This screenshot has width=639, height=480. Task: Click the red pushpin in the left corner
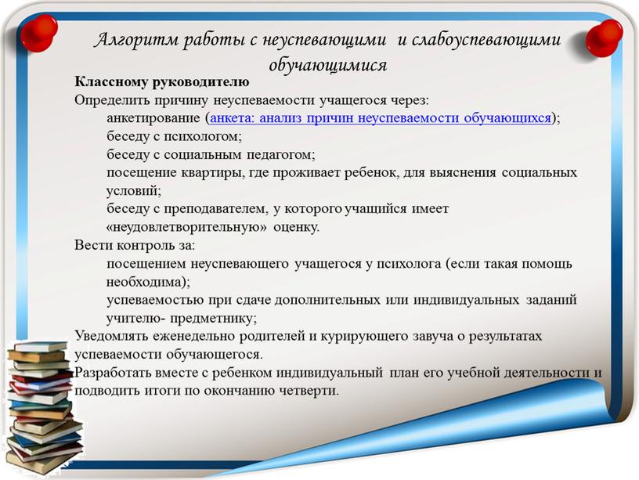[x=38, y=34]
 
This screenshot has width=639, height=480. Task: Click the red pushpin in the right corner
[x=604, y=38]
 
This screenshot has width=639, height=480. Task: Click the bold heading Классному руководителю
[x=162, y=82]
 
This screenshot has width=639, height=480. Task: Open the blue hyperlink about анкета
[x=381, y=117]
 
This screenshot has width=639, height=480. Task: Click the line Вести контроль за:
[x=135, y=245]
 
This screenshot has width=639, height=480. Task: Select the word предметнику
[x=213, y=318]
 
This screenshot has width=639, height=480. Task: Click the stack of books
[x=43, y=407]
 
